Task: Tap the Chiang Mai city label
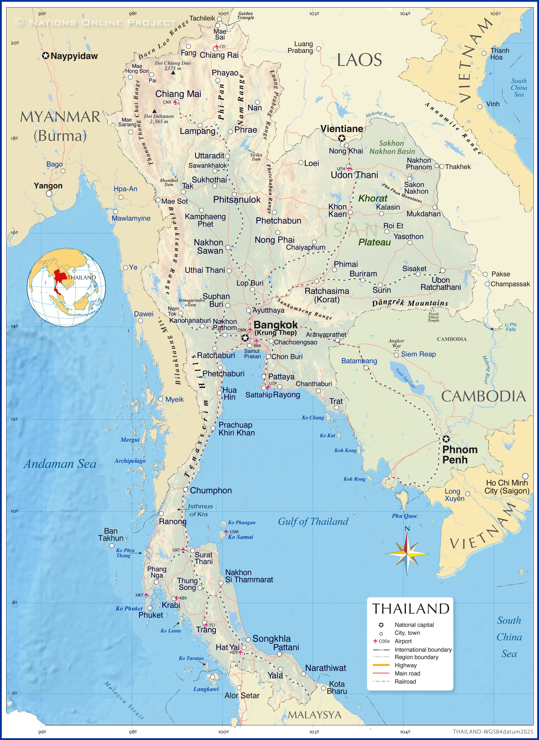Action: pos(178,94)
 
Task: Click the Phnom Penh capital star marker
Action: pos(446,439)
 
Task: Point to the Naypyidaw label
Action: pos(74,56)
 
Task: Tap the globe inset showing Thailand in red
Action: pos(66,287)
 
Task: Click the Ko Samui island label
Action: pos(241,537)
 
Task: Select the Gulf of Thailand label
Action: pos(313,521)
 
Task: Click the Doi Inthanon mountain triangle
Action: pos(154,111)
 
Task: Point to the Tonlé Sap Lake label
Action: pos(405,378)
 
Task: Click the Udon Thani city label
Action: pos(354,175)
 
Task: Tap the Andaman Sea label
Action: pos(60,464)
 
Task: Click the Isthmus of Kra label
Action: pos(199,510)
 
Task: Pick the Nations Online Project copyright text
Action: pos(96,22)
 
